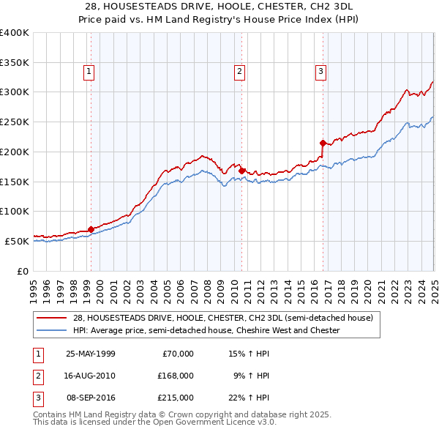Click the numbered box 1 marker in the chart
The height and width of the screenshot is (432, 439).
pos(89,71)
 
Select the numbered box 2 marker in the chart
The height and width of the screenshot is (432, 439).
pos(240,71)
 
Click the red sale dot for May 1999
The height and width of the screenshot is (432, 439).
pos(91,229)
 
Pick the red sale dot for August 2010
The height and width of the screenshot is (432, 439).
pos(241,171)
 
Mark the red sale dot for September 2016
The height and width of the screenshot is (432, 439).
pos(323,143)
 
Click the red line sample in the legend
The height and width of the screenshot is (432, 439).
pos(52,318)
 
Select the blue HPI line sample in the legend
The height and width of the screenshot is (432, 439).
pos(52,331)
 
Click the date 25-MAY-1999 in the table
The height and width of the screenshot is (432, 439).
pos(91,354)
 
